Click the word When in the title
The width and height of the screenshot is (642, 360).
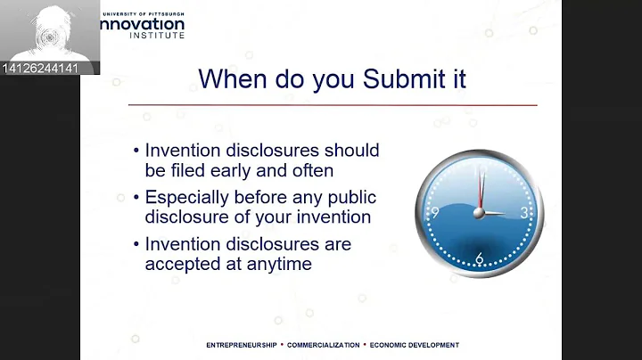point(234,78)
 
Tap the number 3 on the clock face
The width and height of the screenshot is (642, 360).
point(524,213)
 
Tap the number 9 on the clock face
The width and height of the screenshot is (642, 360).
point(434,213)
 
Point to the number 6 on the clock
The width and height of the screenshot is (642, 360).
point(479,258)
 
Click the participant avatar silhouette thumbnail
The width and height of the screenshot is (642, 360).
point(48,31)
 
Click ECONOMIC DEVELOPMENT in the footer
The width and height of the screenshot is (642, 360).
point(415,345)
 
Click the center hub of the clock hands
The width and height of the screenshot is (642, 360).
point(480,213)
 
